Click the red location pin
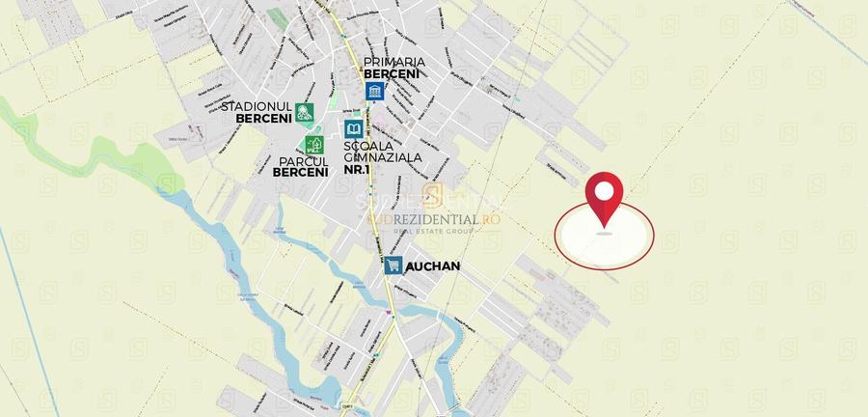(604, 198)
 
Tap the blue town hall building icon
(373, 92)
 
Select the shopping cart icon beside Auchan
(393, 265)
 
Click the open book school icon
(354, 128)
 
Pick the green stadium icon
(304, 112)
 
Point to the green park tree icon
(314, 146)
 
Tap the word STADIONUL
(257, 106)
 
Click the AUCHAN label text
(433, 265)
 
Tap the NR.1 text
(356, 170)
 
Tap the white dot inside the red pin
(604, 190)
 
